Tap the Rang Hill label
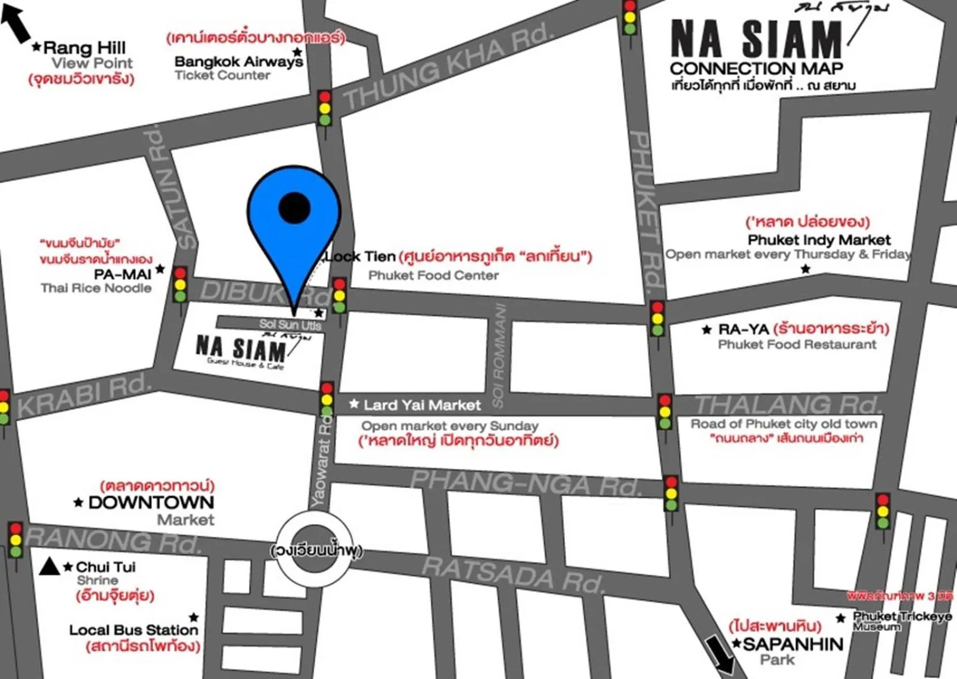(x=84, y=48)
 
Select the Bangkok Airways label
(x=238, y=62)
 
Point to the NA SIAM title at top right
(x=756, y=41)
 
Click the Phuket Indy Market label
(x=819, y=240)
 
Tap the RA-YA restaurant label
(x=743, y=329)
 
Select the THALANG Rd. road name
(x=787, y=405)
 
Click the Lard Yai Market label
(x=422, y=406)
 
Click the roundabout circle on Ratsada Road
(x=315, y=549)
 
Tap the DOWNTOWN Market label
(x=151, y=503)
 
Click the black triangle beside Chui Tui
(x=49, y=567)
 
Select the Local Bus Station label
(x=133, y=630)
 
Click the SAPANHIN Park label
(x=793, y=645)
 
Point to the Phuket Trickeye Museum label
(x=901, y=621)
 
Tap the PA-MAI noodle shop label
(x=123, y=275)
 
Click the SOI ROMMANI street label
(x=499, y=356)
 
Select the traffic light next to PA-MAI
(x=180, y=285)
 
